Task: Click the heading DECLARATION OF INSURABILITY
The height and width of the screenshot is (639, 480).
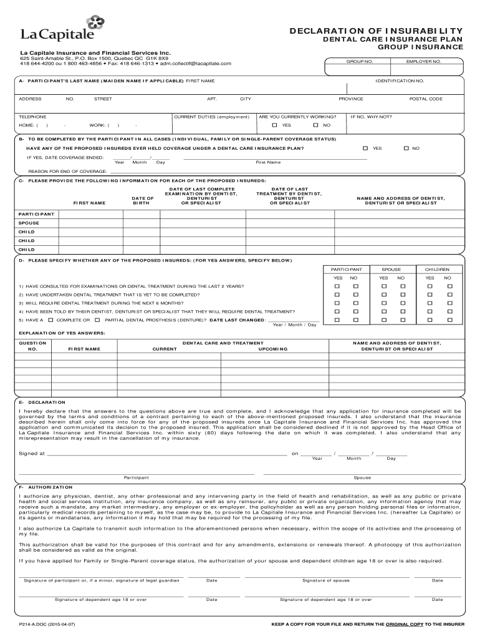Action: coord(375,31)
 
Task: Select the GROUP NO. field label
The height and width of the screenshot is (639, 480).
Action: coord(360,62)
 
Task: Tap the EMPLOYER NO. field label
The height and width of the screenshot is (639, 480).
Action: coord(423,62)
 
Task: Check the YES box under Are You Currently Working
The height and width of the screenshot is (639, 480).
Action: coord(275,125)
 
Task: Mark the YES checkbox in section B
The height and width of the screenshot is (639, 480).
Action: coord(366,149)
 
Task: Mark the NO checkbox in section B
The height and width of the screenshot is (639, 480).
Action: coord(406,149)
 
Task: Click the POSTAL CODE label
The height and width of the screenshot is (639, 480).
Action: coord(426,99)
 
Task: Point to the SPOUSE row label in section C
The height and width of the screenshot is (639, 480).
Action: coord(29,223)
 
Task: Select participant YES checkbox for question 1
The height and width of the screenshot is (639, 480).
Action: coord(337,286)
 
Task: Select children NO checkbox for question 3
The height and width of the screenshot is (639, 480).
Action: coord(448,303)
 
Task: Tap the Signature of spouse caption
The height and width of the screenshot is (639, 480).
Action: coord(326,580)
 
